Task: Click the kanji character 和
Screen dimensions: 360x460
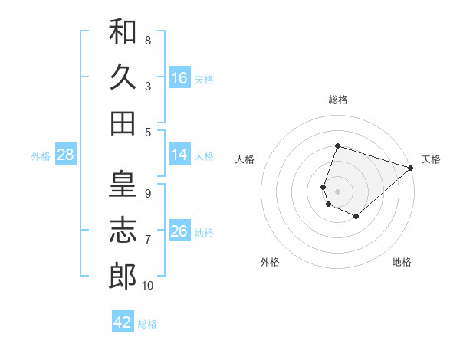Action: point(123,32)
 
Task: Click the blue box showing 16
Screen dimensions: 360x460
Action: point(179,78)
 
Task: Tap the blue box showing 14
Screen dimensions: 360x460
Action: point(179,155)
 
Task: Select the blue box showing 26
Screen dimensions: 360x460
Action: point(179,232)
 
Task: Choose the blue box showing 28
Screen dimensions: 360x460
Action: point(66,155)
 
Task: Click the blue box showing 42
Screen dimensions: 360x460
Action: point(123,322)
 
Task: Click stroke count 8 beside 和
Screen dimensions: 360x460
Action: point(147,41)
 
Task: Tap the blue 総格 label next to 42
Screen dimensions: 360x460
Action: point(147,324)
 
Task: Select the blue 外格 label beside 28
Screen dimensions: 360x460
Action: point(41,156)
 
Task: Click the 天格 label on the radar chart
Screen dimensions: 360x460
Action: point(431,159)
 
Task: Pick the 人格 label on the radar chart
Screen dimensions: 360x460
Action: point(245,159)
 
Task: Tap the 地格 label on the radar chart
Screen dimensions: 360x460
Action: point(402,262)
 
